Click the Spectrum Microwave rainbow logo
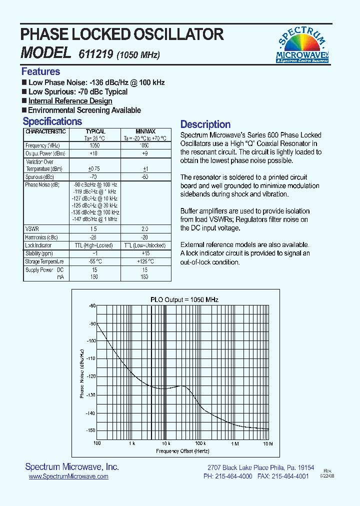click(x=302, y=45)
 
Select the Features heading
click(x=40, y=71)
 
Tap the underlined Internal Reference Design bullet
click(x=70, y=101)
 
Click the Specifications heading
click(x=52, y=121)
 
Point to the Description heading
click(x=205, y=124)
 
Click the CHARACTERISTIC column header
click(x=45, y=131)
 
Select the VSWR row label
click(x=32, y=228)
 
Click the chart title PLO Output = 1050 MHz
click(x=184, y=299)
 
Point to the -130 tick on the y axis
click(x=90, y=395)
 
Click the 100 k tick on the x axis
click(x=200, y=443)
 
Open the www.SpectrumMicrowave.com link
click(x=68, y=477)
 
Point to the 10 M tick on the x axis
click(x=268, y=443)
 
